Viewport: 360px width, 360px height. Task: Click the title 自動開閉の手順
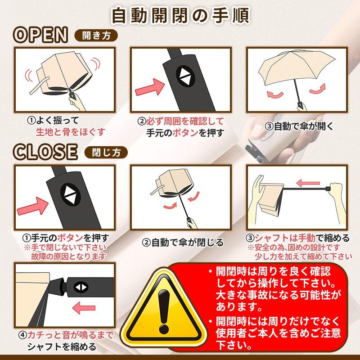[x=180, y=16]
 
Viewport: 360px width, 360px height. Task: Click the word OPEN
[x=40, y=35]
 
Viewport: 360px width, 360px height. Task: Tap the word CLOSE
[x=45, y=152]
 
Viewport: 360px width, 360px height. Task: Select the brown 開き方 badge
[x=96, y=36]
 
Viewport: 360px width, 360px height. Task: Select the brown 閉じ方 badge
[x=106, y=153]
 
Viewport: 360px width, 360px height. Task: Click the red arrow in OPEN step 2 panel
[x=150, y=87]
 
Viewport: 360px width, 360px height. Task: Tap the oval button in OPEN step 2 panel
[x=185, y=76]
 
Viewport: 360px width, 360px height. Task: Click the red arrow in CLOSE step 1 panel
[x=33, y=206]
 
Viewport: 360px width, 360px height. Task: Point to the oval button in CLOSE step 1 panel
[x=70, y=194]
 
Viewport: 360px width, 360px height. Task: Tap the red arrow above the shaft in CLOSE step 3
[x=308, y=183]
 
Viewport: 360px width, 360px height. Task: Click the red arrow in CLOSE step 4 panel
[x=84, y=308]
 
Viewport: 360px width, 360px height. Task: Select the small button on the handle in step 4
[x=81, y=287]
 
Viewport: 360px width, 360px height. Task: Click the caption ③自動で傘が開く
[x=299, y=126]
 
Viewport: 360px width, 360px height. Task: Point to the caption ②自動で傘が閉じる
[x=183, y=243]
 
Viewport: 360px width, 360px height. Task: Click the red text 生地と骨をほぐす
[x=71, y=132]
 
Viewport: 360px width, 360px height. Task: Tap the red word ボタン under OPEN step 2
[x=185, y=133]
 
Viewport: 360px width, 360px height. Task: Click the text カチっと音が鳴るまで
[x=71, y=335]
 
